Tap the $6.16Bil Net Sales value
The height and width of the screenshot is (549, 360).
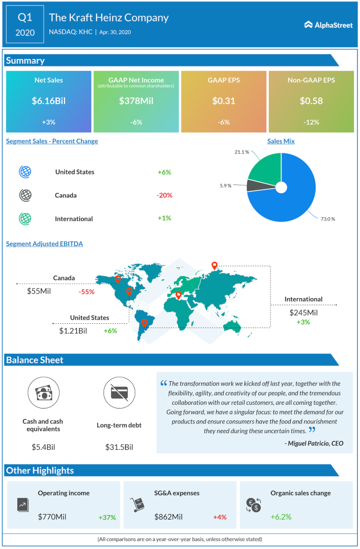pyautogui.click(x=48, y=100)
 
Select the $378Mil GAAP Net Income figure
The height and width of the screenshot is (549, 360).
pyautogui.click(x=136, y=100)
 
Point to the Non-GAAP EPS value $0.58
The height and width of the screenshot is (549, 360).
pyautogui.click(x=311, y=100)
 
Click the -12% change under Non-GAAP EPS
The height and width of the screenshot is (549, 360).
pyautogui.click(x=311, y=122)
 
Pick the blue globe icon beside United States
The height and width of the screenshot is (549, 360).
pyautogui.click(x=25, y=172)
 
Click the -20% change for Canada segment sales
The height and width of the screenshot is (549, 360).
pyautogui.click(x=164, y=195)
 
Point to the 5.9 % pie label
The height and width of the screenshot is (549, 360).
pyautogui.click(x=225, y=186)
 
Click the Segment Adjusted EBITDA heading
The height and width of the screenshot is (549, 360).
pyautogui.click(x=45, y=243)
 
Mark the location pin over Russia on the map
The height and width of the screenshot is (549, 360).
pyautogui.click(x=215, y=266)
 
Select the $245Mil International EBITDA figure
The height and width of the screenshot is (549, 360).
pyautogui.click(x=304, y=313)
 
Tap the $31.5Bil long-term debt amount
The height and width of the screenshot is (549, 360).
pyautogui.click(x=119, y=447)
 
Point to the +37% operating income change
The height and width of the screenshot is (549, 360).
pyautogui.click(x=107, y=517)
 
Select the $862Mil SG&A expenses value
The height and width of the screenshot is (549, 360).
pyautogui.click(x=168, y=517)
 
